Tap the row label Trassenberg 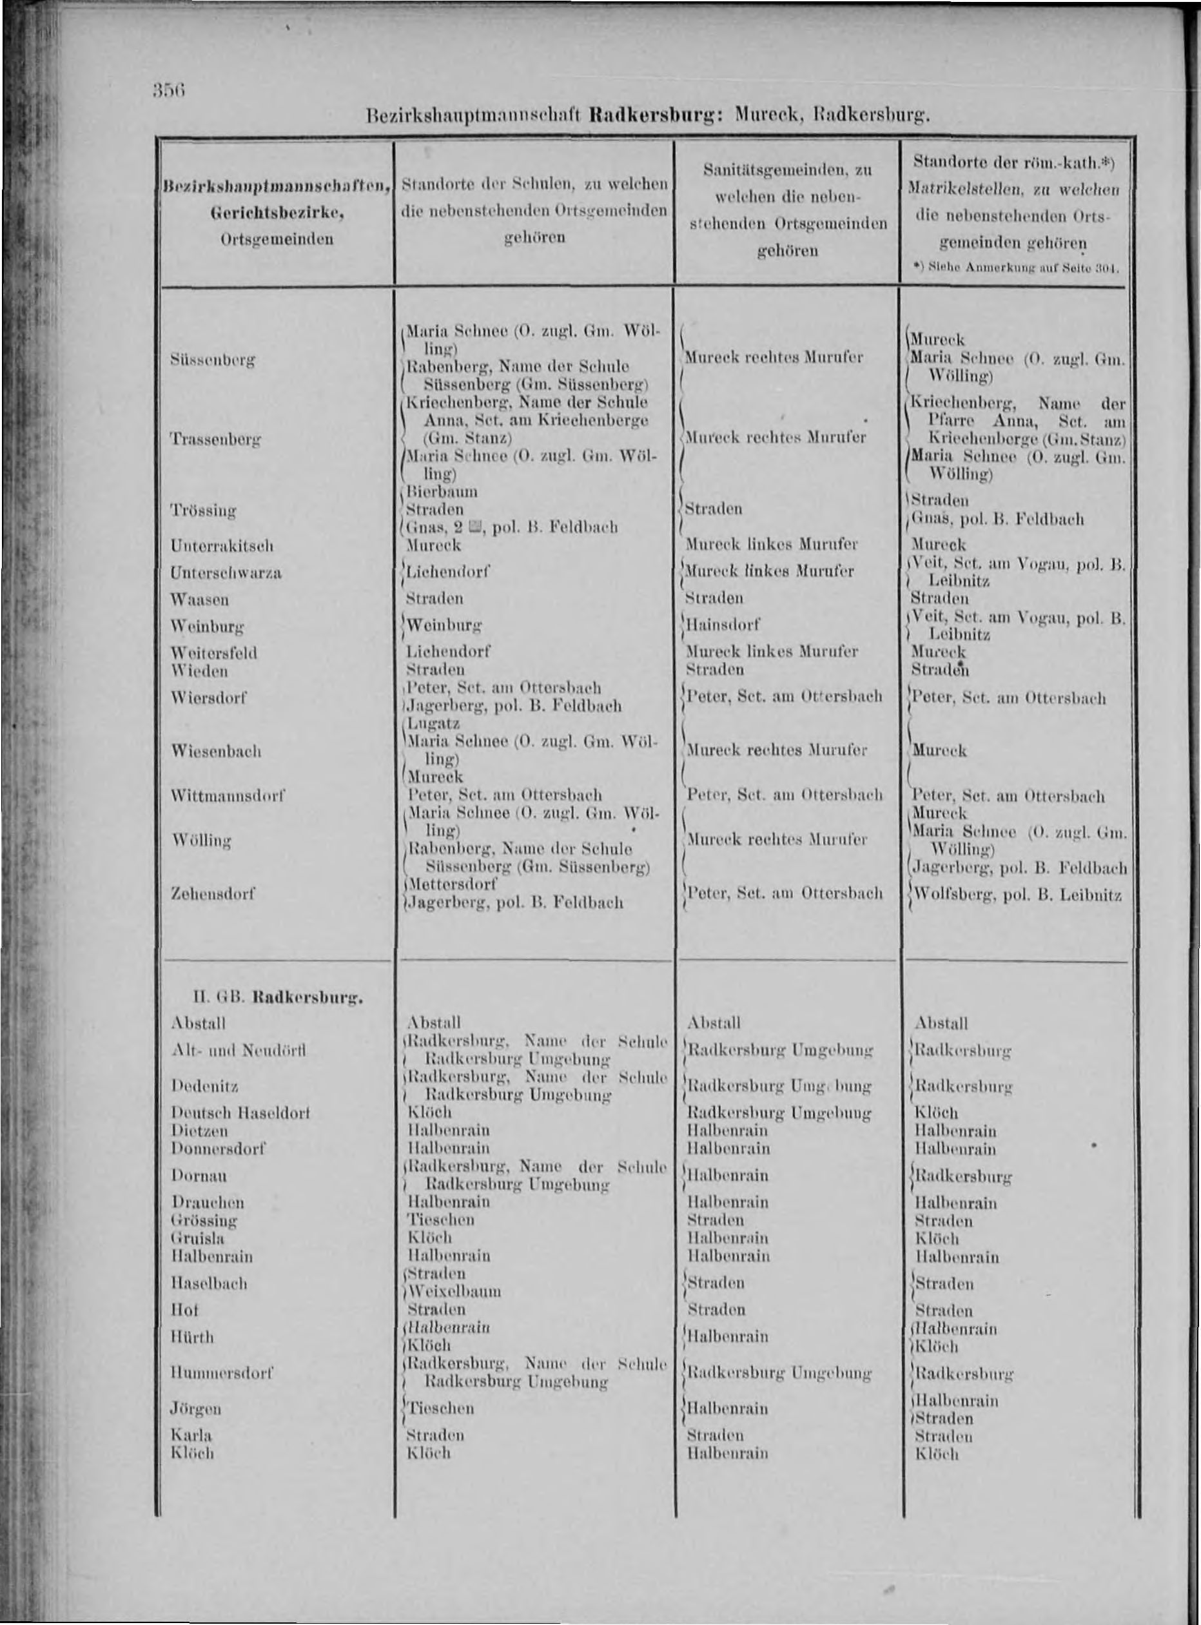[x=215, y=439]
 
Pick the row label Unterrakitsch [x=222, y=545]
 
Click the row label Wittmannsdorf [x=226, y=796]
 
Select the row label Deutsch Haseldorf [x=240, y=1113]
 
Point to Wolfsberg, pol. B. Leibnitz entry [x=1017, y=894]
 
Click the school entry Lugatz [x=434, y=724]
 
